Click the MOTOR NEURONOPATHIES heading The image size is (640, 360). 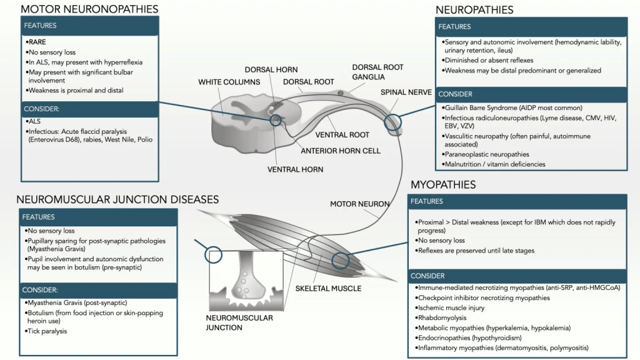point(89,9)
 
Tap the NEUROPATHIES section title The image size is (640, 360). point(474,10)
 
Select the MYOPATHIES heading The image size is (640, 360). point(443,185)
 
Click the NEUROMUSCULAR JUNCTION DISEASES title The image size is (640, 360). point(117,199)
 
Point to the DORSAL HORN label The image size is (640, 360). point(271,70)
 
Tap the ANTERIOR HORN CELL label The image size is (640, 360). point(341,151)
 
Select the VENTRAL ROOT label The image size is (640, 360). point(342,135)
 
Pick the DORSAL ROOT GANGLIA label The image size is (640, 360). point(377,72)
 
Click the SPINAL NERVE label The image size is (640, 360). point(406,92)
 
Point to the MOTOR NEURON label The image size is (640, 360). point(360,204)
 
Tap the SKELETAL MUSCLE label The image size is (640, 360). point(329,289)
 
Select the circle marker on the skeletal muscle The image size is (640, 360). point(341,260)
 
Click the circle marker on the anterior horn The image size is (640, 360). point(276,119)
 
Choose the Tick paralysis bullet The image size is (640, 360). point(47,331)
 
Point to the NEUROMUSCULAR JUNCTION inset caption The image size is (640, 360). point(239,322)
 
